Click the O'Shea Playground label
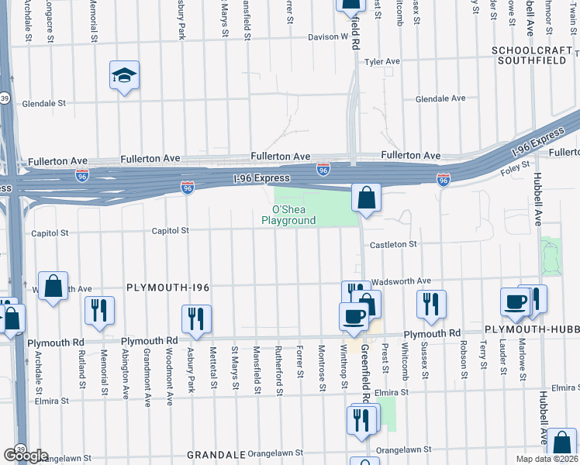(294, 215)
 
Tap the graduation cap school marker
(124, 76)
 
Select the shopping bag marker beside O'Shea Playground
(365, 198)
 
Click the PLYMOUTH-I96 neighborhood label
(168, 288)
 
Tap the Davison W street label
(328, 36)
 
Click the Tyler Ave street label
(382, 61)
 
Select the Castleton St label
(393, 244)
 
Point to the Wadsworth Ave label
(401, 281)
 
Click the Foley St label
(516, 164)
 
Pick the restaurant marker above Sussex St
(430, 304)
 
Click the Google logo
(25, 455)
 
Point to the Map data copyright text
(547, 458)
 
